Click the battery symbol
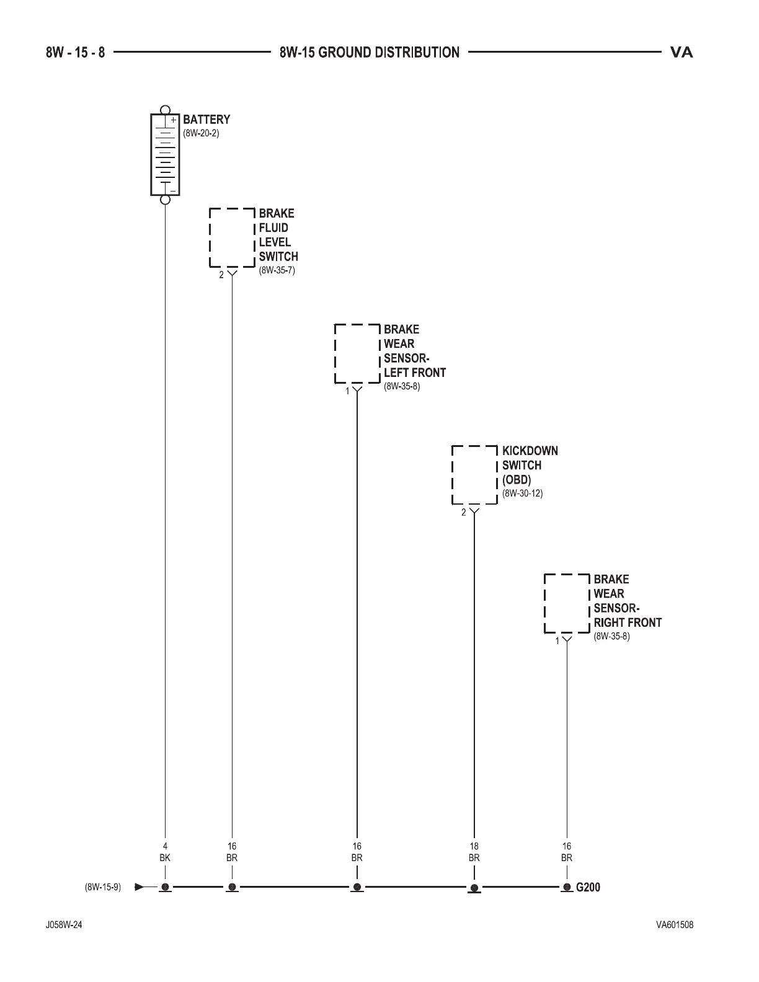[x=165, y=154]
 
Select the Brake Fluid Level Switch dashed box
[x=233, y=237]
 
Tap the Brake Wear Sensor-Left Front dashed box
[x=357, y=353]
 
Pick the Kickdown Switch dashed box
[x=474, y=475]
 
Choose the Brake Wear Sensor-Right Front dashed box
[x=567, y=603]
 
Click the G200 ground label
[x=588, y=887]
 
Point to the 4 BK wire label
[x=165, y=852]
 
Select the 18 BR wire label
[x=474, y=852]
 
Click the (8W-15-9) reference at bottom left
[x=103, y=887]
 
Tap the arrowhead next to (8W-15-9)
[x=140, y=887]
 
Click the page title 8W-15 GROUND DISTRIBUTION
[x=370, y=53]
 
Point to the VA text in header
[x=681, y=53]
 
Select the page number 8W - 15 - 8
[x=75, y=53]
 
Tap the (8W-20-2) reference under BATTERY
[x=201, y=133]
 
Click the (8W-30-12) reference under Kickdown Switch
[x=523, y=493]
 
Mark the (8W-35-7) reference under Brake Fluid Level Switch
[x=277, y=270]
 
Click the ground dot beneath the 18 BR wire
[x=474, y=888]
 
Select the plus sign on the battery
[x=174, y=119]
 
